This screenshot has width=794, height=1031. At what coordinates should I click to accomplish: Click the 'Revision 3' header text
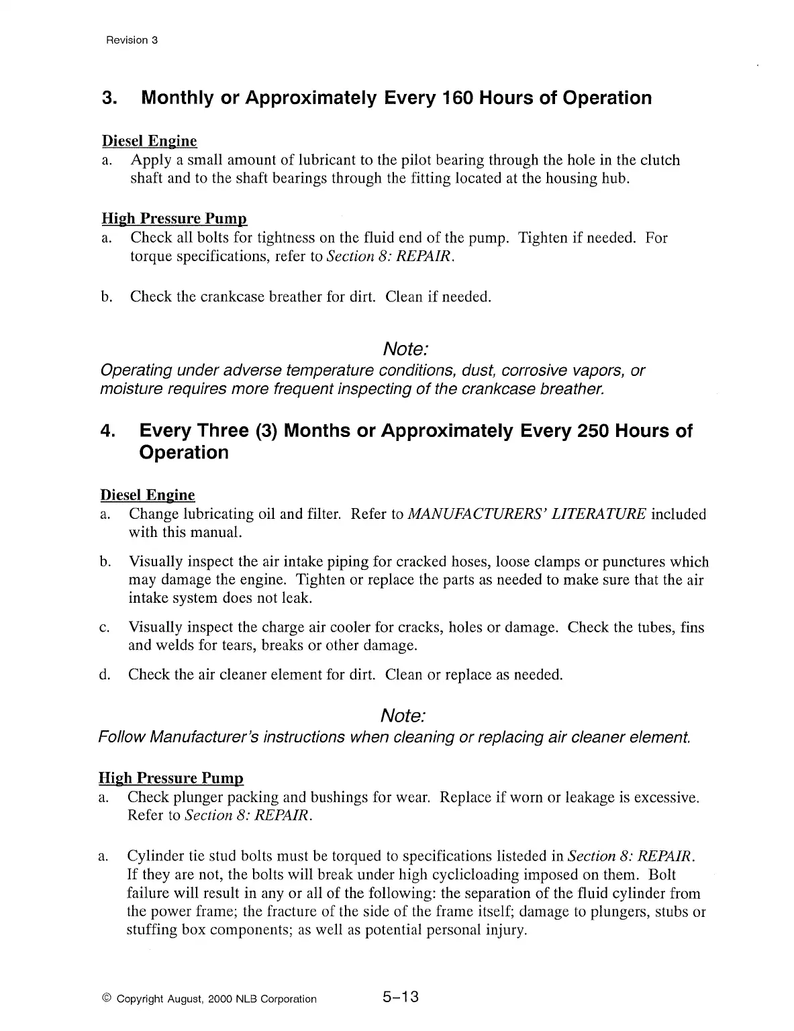(132, 40)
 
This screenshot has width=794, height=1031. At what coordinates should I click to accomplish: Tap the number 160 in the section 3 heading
(458, 98)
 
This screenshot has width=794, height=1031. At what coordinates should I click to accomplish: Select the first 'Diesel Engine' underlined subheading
(149, 141)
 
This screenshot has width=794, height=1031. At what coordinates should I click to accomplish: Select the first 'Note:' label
(405, 349)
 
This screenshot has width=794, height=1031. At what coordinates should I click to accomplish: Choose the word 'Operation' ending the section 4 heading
(184, 452)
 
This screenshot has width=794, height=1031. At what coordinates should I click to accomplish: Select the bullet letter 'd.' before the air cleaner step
(105, 675)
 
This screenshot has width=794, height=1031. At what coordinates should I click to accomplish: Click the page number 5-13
(401, 997)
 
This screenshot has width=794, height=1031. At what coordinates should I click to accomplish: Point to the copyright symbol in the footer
(107, 999)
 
